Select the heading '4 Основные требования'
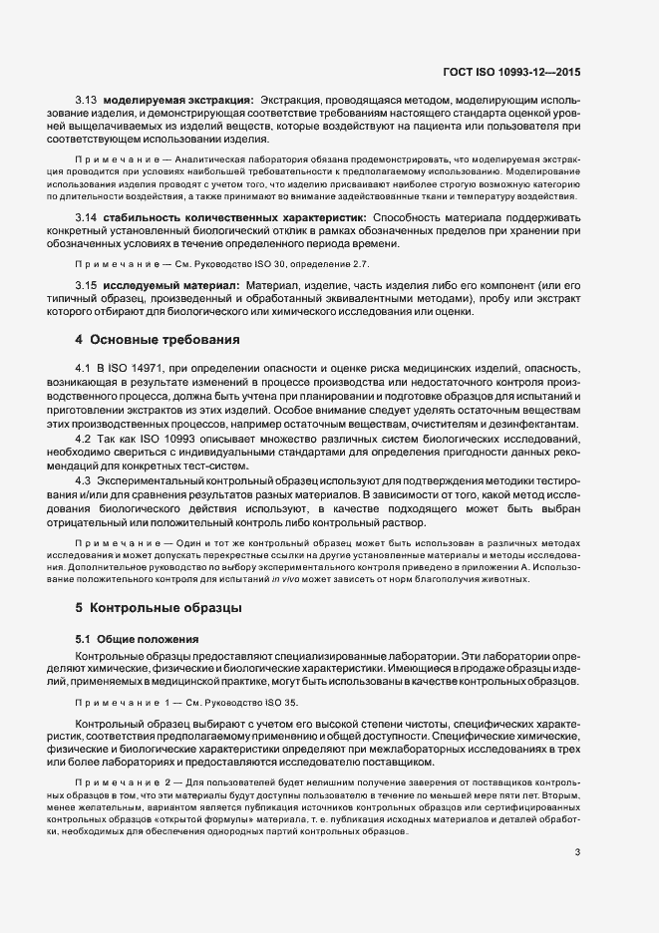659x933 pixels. (154, 339)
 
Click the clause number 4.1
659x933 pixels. (84, 371)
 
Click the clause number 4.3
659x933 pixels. (84, 481)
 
